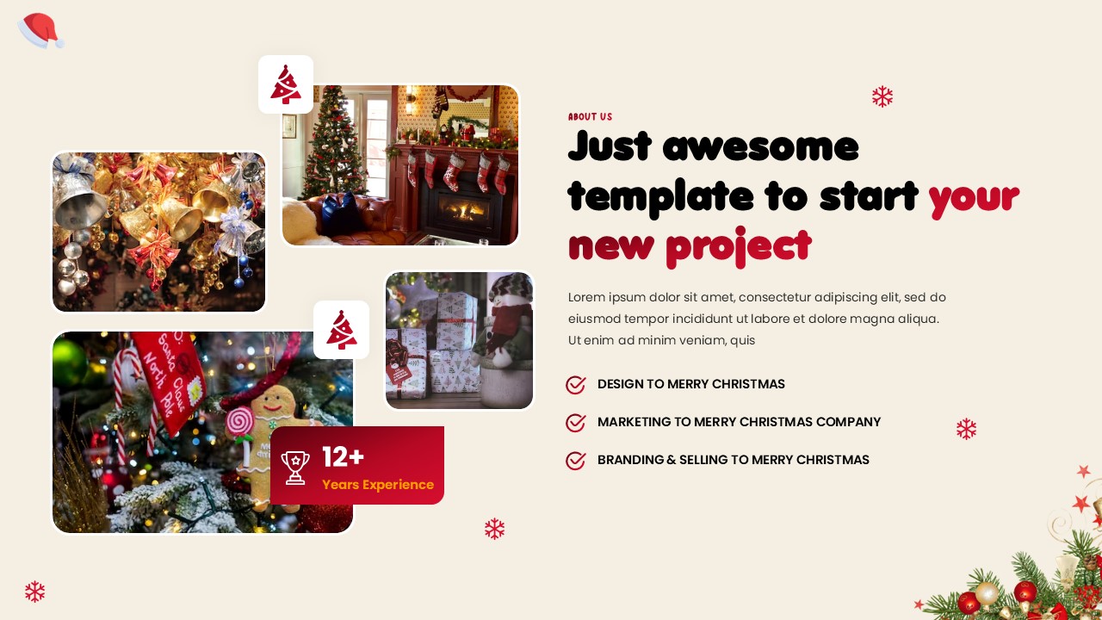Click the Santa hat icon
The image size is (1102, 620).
pyautogui.click(x=40, y=31)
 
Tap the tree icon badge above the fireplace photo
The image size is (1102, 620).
pyautogui.click(x=286, y=84)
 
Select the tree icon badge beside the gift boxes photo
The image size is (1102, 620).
pyautogui.click(x=341, y=330)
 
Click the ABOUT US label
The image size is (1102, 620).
pyautogui.click(x=590, y=117)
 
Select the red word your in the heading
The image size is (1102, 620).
pyautogui.click(x=973, y=197)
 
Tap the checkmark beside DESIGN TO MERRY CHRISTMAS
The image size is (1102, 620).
pyautogui.click(x=576, y=385)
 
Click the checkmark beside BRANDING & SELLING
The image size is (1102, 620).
pyautogui.click(x=576, y=461)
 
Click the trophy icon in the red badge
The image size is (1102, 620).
pyautogui.click(x=295, y=467)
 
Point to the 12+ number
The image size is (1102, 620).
pyautogui.click(x=343, y=457)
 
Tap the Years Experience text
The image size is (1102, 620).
pyautogui.click(x=378, y=485)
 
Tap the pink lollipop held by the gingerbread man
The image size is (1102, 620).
pyautogui.click(x=239, y=421)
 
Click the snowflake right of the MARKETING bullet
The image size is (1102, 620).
pyautogui.click(x=966, y=429)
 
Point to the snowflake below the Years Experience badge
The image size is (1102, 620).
pyautogui.click(x=494, y=529)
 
